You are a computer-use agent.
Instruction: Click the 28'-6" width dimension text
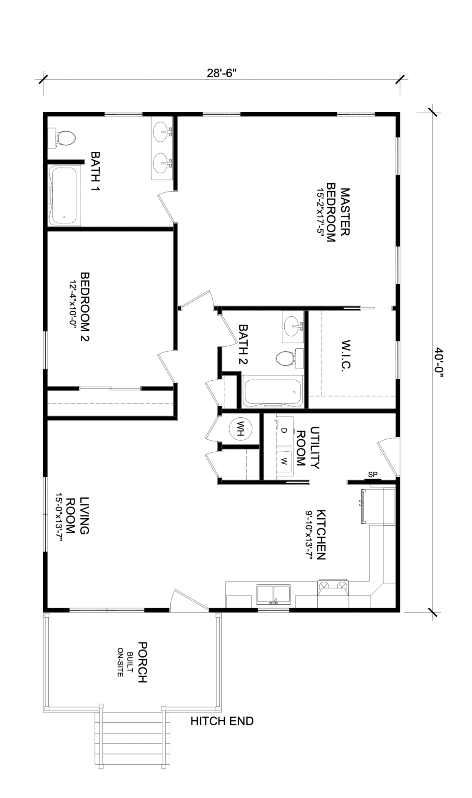click(221, 73)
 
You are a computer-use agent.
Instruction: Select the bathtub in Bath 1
click(65, 196)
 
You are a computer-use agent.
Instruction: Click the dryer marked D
click(285, 431)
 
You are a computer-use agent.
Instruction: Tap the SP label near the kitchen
click(373, 474)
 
